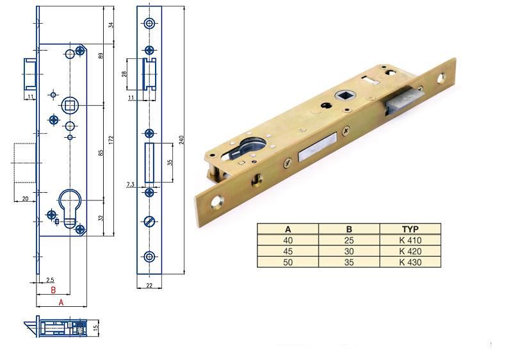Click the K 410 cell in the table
(410, 240)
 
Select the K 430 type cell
(410, 262)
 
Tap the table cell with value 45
(288, 251)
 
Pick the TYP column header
(410, 229)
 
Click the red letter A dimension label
(61, 302)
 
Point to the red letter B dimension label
(53, 290)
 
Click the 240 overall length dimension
(181, 140)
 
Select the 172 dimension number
(111, 140)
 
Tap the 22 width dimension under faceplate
(149, 285)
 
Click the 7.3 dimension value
(131, 184)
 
